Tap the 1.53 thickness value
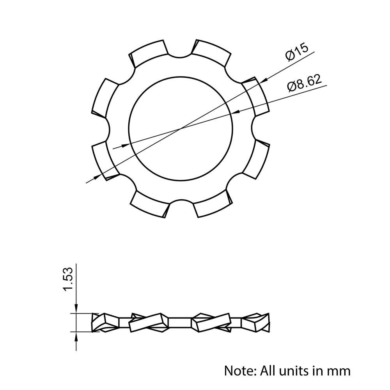(x=68, y=279)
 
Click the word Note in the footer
(x=240, y=371)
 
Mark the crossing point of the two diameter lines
(x=181, y=129)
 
